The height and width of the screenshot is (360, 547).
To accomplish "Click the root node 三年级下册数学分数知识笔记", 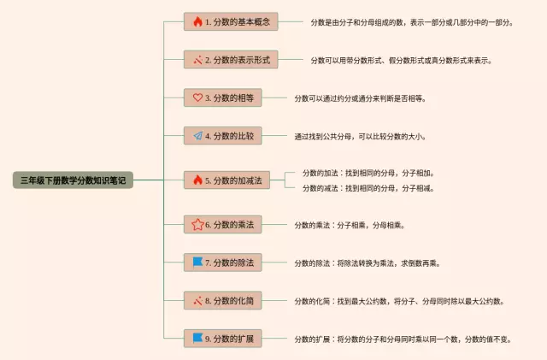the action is (74, 180).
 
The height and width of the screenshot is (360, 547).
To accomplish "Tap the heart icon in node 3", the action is (198, 97).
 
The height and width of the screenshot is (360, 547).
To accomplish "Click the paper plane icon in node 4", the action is (198, 135).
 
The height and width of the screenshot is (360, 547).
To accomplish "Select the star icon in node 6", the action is (197, 225).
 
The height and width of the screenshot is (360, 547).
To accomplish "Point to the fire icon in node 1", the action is (198, 21).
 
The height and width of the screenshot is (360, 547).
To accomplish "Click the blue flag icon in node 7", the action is (198, 263).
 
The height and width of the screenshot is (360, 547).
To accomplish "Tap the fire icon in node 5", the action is (198, 180).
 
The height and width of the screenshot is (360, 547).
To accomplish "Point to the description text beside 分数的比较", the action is (360, 136).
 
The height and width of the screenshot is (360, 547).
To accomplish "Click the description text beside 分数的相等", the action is (360, 98).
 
